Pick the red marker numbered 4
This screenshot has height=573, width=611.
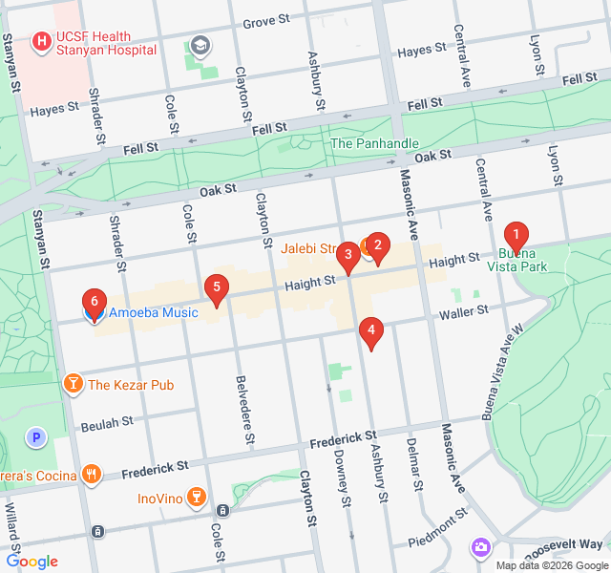click(x=370, y=331)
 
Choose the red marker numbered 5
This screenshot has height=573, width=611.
click(x=217, y=287)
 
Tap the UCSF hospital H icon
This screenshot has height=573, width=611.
click(x=41, y=42)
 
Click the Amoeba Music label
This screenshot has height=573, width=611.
click(x=153, y=312)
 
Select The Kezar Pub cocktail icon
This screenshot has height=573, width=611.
click(x=72, y=385)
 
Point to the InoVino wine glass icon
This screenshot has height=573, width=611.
click(x=195, y=497)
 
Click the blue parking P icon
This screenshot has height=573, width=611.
click(x=37, y=437)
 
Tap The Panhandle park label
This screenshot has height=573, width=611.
click(x=374, y=143)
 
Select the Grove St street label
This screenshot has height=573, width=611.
click(x=266, y=20)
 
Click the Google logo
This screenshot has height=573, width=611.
click(x=32, y=562)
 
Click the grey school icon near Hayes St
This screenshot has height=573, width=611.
click(x=200, y=45)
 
